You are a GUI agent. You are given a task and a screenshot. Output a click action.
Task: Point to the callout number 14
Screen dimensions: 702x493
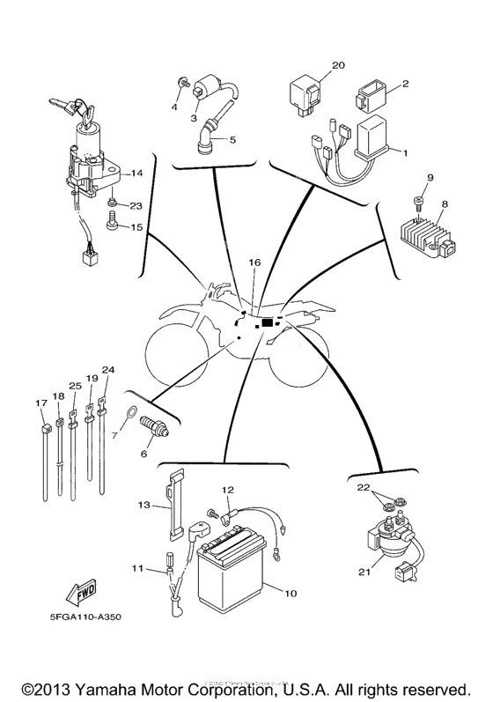[136, 173]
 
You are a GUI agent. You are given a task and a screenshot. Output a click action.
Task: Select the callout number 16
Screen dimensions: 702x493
[254, 262]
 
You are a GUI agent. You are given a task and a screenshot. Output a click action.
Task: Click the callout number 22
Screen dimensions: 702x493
[362, 487]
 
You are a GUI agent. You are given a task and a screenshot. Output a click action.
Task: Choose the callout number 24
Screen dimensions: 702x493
[108, 369]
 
